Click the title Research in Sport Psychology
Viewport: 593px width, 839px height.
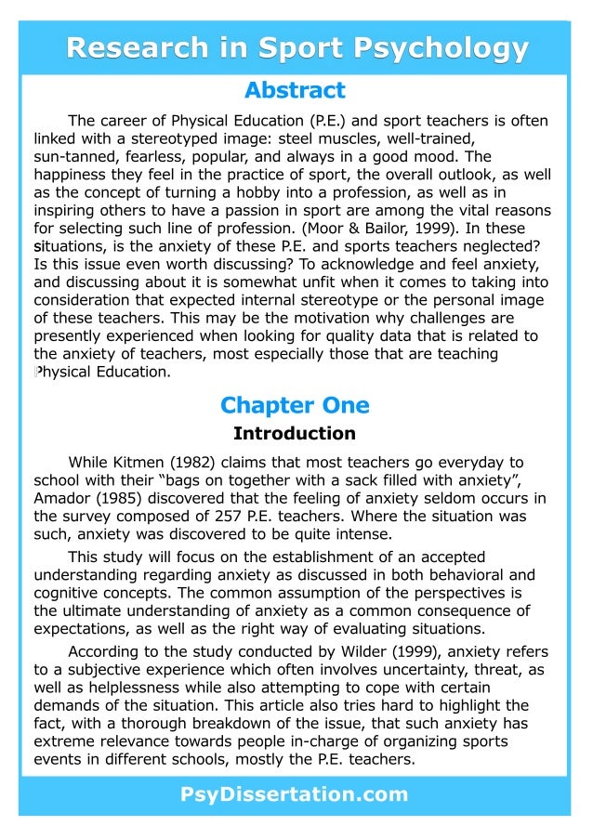[296, 47]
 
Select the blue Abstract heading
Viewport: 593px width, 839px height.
[295, 91]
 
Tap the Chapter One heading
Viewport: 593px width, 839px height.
[295, 405]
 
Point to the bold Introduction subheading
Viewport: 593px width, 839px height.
[295, 433]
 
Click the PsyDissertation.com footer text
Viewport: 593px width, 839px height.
[295, 794]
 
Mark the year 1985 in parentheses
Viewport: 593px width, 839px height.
[125, 498]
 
